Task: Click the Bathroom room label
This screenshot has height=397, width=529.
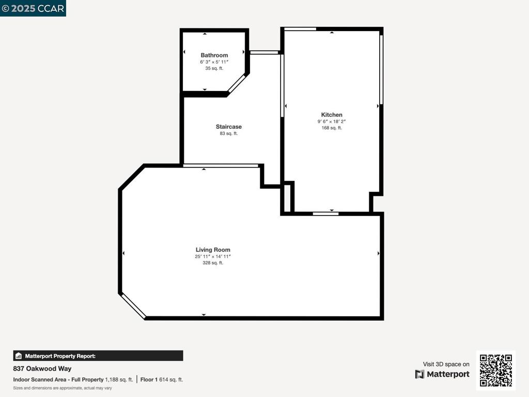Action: pyautogui.click(x=214, y=55)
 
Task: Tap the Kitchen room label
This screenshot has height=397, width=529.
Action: pyautogui.click(x=332, y=115)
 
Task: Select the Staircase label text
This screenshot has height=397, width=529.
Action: pyautogui.click(x=228, y=127)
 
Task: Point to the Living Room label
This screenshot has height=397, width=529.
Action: pyautogui.click(x=213, y=250)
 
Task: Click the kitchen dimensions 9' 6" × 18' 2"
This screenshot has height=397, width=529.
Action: pyautogui.click(x=332, y=121)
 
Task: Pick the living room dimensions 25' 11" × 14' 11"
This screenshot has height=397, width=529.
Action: pyautogui.click(x=213, y=256)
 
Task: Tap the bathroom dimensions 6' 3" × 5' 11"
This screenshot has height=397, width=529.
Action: pyautogui.click(x=214, y=62)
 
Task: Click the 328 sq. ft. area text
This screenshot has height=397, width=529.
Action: pyautogui.click(x=213, y=263)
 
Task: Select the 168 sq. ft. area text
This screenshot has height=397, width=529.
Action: pyautogui.click(x=332, y=128)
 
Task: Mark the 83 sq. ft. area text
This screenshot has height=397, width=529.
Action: pyautogui.click(x=228, y=133)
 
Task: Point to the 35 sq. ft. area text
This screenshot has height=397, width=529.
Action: pyautogui.click(x=214, y=68)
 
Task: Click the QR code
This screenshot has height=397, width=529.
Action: pyautogui.click(x=495, y=370)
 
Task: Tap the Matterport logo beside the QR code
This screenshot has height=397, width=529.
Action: pyautogui.click(x=442, y=374)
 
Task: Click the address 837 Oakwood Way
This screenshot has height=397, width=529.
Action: pyautogui.click(x=42, y=369)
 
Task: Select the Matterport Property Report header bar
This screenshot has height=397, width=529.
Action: pyautogui.click(x=98, y=356)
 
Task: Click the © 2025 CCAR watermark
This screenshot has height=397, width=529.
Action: pyautogui.click(x=33, y=8)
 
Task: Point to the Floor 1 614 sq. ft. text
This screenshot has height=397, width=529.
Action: pyautogui.click(x=162, y=379)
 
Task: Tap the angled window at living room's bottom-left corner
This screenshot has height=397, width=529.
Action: pyautogui.click(x=133, y=306)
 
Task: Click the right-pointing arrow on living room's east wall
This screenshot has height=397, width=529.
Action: pyautogui.click(x=379, y=253)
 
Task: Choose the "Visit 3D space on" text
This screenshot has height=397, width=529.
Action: pyautogui.click(x=446, y=364)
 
